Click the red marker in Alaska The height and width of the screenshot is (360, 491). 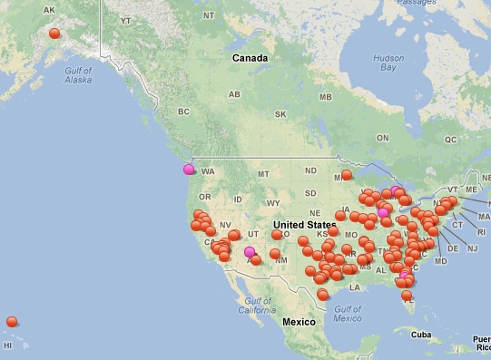coord(54,34)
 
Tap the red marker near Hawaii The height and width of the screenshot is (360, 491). coord(12,322)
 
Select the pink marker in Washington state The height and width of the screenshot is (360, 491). coord(189,169)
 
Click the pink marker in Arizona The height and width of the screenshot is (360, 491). coord(250,252)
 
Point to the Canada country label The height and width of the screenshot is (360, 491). coord(250,58)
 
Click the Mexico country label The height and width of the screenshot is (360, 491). coord(298,322)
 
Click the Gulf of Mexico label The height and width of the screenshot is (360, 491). coord(348,313)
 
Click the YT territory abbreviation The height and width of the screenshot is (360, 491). coord(126,19)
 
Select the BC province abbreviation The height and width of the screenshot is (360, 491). coord(184,112)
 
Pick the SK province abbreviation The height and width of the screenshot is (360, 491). coord(280,114)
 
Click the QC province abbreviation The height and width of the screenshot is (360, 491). coord(449,140)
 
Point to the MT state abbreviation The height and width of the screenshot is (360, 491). coord(264,174)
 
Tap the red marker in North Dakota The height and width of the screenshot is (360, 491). coord(346,175)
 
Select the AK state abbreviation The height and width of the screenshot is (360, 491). coord(49,10)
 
